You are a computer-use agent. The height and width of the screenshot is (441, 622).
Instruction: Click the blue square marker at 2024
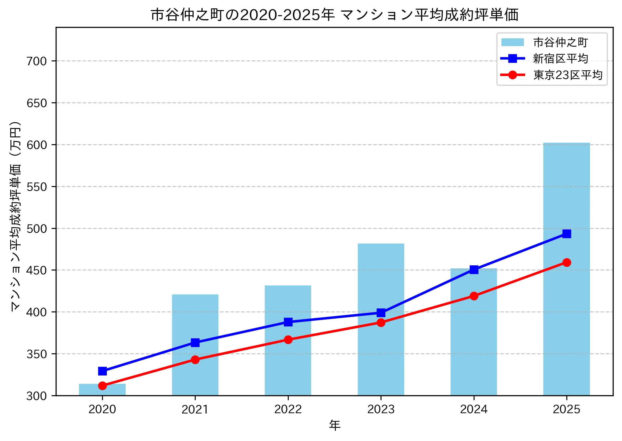(474, 270)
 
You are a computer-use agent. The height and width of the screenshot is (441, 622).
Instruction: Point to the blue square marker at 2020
(102, 371)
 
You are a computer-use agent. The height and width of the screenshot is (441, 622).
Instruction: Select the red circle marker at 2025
(566, 262)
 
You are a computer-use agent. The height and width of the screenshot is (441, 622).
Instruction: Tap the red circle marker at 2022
(288, 340)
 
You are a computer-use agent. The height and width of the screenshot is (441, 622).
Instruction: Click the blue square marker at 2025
(566, 234)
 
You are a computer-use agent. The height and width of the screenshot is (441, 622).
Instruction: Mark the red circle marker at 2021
(195, 359)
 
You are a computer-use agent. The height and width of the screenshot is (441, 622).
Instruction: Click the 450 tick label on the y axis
(37, 270)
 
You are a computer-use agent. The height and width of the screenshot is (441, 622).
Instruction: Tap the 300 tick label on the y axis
(37, 396)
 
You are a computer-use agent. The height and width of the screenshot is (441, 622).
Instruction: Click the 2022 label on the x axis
(288, 409)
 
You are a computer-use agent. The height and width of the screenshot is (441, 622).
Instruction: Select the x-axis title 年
(334, 425)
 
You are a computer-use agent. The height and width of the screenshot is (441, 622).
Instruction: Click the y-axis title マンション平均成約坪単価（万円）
(16, 216)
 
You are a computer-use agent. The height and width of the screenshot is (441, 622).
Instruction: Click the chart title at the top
(334, 15)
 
